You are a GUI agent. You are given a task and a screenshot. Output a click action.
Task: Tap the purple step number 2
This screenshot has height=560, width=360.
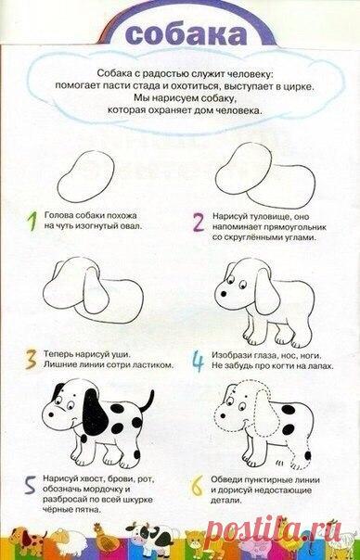pos(198,222)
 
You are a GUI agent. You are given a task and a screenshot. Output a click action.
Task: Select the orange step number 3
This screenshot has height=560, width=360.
pos(31,358)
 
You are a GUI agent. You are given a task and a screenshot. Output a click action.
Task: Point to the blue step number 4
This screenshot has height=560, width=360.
pos(198,358)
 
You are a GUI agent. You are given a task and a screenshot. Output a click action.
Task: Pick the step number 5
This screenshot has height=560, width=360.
pos(31,483)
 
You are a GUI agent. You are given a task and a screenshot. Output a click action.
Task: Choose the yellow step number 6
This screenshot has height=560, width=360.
pos(198,483)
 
